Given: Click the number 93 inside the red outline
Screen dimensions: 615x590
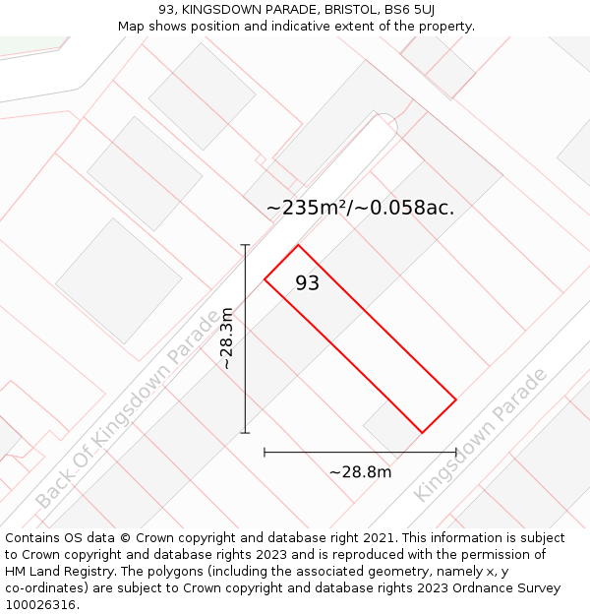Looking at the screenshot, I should click(308, 283).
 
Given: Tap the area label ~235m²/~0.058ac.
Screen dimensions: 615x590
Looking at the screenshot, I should click(360, 208).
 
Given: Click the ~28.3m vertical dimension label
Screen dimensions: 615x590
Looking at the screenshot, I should click(227, 338).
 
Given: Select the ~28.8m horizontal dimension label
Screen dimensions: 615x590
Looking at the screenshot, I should click(360, 472).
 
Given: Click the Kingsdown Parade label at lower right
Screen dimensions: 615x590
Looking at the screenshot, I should click(481, 435).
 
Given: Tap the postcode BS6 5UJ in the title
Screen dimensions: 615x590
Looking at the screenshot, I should click(408, 10).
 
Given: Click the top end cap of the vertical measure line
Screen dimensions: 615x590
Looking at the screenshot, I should click(245, 245).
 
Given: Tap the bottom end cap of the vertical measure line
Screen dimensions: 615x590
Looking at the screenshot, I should click(245, 432).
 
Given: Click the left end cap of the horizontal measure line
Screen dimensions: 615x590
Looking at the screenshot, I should click(265, 452).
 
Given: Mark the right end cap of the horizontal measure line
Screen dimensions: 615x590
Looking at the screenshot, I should click(456, 452).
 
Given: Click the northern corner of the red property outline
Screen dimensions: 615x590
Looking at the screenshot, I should click(298, 245).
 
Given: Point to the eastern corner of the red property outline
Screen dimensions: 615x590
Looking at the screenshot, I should click(456, 399).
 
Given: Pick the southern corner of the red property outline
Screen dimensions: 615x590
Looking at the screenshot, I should click(422, 432).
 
